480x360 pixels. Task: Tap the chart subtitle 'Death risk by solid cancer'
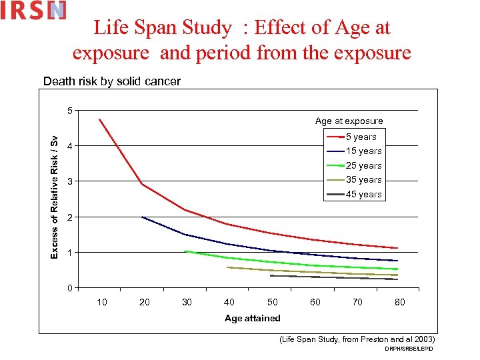pos(111,81)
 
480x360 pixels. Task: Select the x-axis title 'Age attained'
pos(252,318)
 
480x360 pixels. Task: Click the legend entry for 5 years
pos(354,137)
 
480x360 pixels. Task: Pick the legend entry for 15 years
pos(354,151)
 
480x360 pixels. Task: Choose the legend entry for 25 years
pos(354,165)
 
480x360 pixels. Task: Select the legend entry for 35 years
pos(354,180)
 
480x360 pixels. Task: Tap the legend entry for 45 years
pos(354,194)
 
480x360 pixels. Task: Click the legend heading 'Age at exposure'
pos(349,121)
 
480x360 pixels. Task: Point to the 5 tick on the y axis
pos(69,110)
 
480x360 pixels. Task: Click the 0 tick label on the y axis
pos(69,288)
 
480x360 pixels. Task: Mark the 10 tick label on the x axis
pos(101,302)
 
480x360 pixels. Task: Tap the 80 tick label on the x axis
pos(399,302)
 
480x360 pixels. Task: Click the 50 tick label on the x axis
pos(272,302)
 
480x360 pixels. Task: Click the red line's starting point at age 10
pos(99,119)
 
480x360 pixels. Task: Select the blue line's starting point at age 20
pos(142,217)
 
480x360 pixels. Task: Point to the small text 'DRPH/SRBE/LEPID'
pos(409,349)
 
